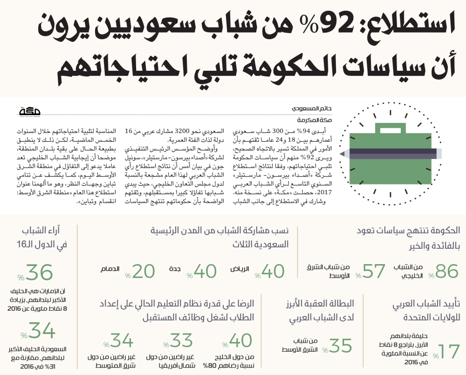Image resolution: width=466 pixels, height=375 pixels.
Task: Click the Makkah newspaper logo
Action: tap(30, 112)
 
